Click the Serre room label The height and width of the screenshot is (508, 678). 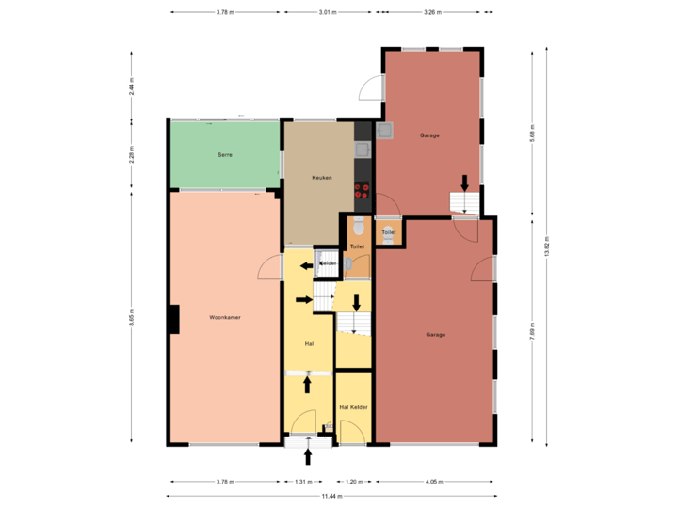click(225, 153)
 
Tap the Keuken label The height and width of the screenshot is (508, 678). click(323, 177)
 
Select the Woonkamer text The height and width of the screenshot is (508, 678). click(225, 318)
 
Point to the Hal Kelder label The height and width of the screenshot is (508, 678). click(352, 407)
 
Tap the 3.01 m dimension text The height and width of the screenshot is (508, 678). click(328, 12)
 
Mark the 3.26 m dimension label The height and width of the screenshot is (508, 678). click(432, 12)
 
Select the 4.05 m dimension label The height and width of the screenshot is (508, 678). click(434, 482)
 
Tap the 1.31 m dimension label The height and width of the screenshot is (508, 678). click(302, 482)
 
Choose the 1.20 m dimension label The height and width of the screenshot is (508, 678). click(353, 482)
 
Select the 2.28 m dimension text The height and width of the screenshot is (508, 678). click(132, 153)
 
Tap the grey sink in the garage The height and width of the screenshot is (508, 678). click(385, 132)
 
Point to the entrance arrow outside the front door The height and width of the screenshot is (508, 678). click(308, 458)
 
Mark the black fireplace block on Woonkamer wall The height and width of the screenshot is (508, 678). click(173, 319)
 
